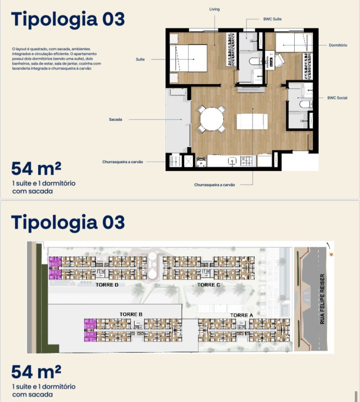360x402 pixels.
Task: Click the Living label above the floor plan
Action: [214, 9]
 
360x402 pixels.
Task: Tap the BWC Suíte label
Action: [272, 19]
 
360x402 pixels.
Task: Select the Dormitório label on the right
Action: [338, 45]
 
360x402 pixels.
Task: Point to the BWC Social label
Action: [337, 98]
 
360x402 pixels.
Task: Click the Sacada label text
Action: [116, 120]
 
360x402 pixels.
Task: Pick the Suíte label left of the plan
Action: [140, 59]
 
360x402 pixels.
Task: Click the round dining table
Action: [212, 119]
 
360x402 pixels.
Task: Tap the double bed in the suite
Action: [188, 58]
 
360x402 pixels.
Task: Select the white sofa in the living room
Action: [252, 122]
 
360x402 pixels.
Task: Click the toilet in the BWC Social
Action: [306, 104]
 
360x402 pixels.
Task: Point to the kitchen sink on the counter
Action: [232, 161]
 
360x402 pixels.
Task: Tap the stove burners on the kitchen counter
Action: [247, 161]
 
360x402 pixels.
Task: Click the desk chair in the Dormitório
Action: [280, 60]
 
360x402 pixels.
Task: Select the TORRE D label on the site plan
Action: [107, 285]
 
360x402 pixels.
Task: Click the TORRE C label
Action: [209, 285]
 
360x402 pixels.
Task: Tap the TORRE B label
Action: [131, 314]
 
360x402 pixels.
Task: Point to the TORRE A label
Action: [242, 316]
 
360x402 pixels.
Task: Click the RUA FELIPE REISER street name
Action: [322, 299]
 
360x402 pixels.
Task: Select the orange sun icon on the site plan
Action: [332, 255]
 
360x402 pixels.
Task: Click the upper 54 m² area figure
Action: [36, 169]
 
